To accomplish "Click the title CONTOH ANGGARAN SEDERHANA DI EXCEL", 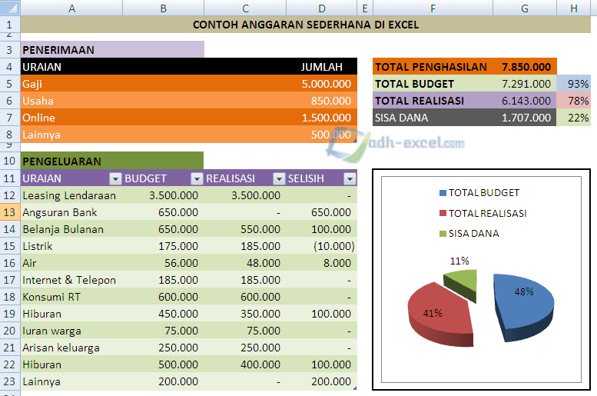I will coord(306,25).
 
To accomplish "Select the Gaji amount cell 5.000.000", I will coord(327,84).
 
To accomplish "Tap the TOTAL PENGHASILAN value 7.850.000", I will coord(526,67).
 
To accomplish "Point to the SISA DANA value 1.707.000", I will coord(526,118).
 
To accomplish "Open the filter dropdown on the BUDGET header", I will coord(197,178).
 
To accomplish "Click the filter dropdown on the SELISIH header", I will coord(350,178).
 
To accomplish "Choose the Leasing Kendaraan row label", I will coord(69,195).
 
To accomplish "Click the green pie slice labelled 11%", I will coord(461,275).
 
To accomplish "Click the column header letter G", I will coord(525,8).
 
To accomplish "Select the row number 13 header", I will coord(10,212).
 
